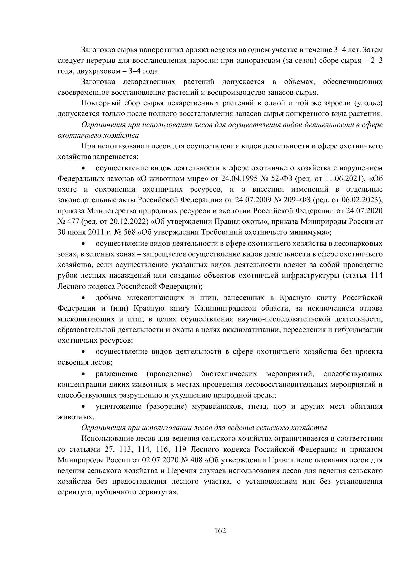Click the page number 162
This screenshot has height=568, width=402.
[x=220, y=531]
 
